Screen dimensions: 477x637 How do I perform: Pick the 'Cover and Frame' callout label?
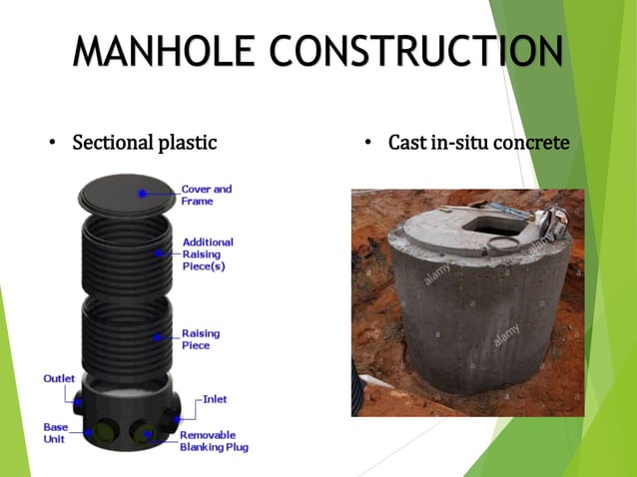(206, 195)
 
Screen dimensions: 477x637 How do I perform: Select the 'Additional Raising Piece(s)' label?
(208, 254)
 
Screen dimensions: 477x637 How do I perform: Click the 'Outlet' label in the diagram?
(57, 378)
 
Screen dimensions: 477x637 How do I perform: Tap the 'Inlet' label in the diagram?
(215, 399)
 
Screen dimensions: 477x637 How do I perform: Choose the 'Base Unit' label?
(55, 432)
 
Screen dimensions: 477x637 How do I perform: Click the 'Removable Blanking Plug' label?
(213, 441)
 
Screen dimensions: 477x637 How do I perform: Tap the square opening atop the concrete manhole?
(489, 226)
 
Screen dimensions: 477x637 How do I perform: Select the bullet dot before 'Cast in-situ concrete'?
(367, 144)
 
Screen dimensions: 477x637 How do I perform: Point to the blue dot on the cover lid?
(144, 192)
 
